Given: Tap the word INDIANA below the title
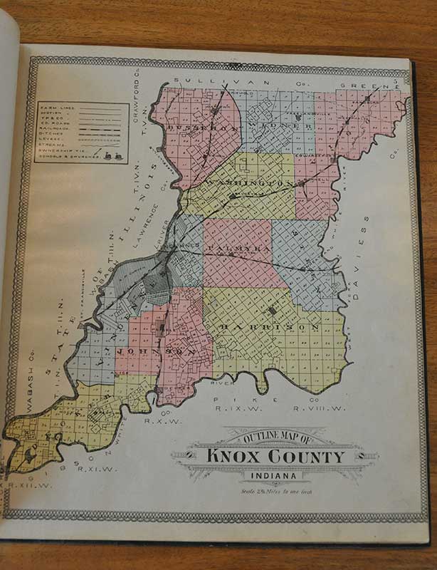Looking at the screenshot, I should point(275,477).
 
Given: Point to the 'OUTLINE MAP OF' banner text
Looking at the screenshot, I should point(275,437).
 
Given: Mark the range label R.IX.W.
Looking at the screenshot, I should point(233,409).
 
